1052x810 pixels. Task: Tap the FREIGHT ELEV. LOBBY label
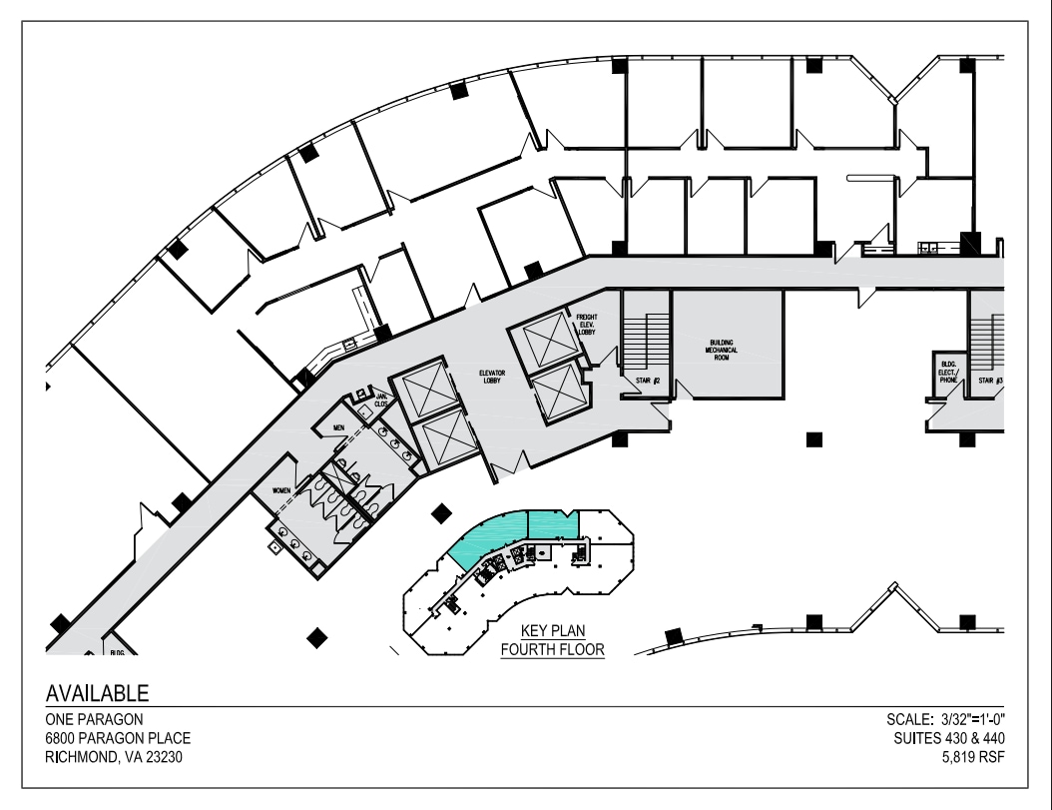[586, 326]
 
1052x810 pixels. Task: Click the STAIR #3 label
[989, 381]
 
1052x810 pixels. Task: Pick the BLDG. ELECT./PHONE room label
[946, 369]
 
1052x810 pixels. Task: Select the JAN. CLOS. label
[381, 402]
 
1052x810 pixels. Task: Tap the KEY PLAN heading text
[554, 632]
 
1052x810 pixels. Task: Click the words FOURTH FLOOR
[554, 649]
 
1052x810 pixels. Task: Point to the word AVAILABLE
[98, 692]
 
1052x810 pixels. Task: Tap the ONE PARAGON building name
[94, 720]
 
